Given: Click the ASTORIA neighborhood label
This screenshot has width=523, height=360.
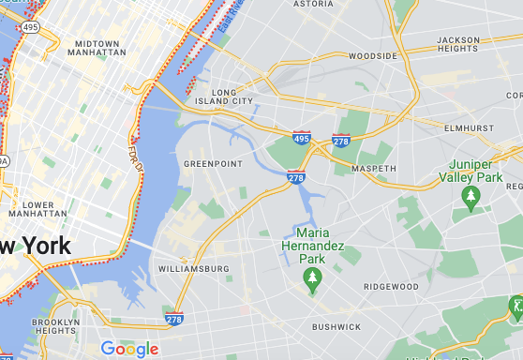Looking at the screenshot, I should [314, 5].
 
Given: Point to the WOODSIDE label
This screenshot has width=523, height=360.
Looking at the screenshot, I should [373, 56].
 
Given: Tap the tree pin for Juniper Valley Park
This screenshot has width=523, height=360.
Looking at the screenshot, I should [471, 197].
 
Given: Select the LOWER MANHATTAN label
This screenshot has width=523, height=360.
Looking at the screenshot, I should [37, 208].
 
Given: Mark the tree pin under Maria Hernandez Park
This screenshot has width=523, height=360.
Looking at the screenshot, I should [312, 277].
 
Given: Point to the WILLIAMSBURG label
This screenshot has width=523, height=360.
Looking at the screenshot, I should [194, 269].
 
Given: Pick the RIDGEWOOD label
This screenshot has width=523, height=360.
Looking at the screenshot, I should [391, 286].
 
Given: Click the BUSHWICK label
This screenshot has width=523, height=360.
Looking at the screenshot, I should [336, 327].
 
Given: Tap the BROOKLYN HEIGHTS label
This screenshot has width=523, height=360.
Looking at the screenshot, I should [55, 327].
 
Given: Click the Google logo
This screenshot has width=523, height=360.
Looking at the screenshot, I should [129, 350].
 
